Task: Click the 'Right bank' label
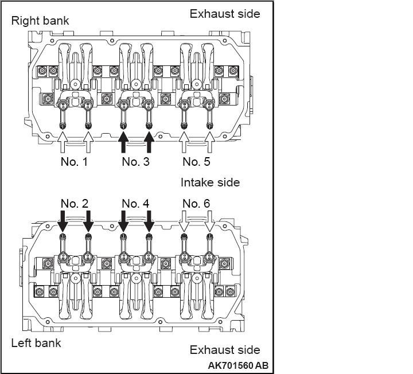pos(40,21)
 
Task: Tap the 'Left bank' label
pos(36,343)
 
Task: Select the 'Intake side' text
pos(210,182)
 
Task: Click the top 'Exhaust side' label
pos(225,14)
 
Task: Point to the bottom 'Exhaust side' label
pos(225,350)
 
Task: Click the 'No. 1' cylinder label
pos(74,162)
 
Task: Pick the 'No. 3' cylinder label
pos(135,162)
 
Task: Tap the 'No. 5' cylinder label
pos(197,162)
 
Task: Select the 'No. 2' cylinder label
pos(75,204)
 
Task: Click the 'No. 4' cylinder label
pos(135,204)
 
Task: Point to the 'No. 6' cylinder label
pos(197,204)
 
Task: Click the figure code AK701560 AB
pos(238,365)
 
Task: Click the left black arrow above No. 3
pos(123,142)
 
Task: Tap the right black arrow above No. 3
pos(149,142)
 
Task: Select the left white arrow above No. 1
pos(63,142)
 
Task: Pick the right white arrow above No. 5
pos(210,142)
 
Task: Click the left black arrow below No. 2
pos(63,221)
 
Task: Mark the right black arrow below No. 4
pos(149,221)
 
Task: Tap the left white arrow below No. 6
pos(184,221)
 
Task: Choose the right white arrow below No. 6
pos(210,221)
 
